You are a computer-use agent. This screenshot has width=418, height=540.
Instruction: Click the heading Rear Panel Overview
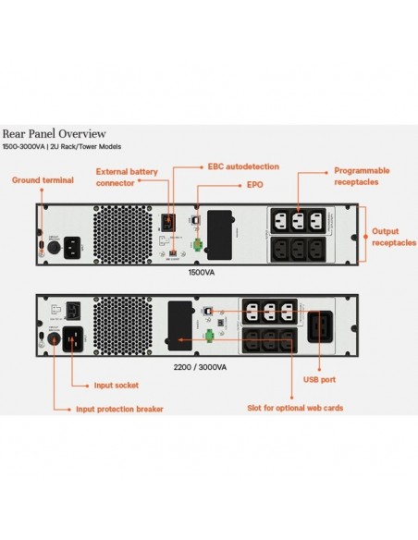click(54, 133)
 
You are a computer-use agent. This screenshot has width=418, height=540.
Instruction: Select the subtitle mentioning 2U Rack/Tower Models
click(61, 147)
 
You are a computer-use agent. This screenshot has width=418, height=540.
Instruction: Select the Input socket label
click(116, 385)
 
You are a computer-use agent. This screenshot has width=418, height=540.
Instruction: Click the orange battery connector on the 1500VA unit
click(168, 221)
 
